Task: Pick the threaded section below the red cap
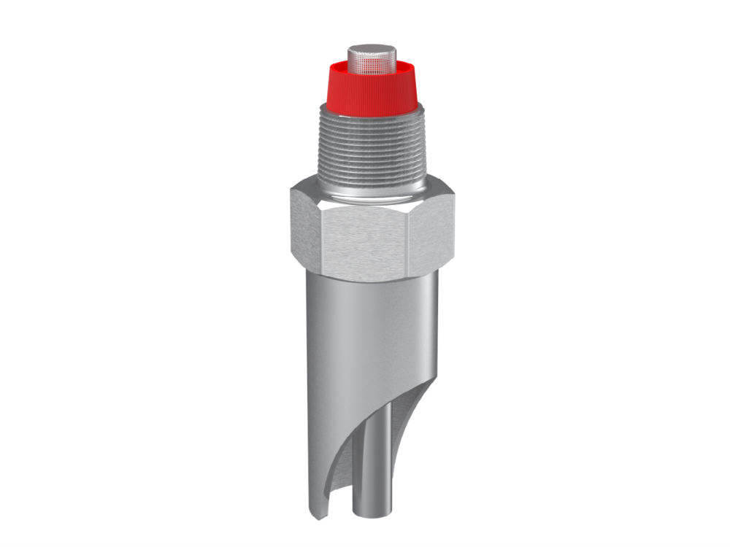click(x=370, y=150)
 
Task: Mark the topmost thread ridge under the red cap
click(x=370, y=117)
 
